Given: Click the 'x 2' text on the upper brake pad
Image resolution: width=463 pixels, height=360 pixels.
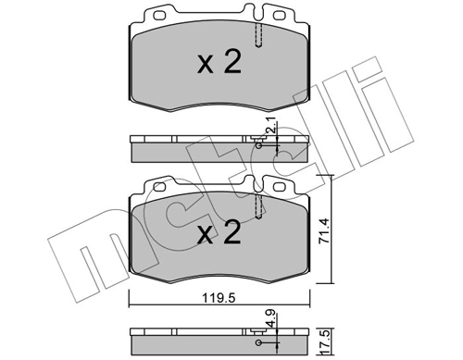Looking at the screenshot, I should click(x=219, y=64).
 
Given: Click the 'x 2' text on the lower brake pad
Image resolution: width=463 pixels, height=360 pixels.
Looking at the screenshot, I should click(x=219, y=231).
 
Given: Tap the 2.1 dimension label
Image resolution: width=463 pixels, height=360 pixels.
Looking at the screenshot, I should click(x=271, y=126).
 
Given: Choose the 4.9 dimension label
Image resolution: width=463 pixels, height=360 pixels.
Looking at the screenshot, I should click(x=271, y=319).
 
